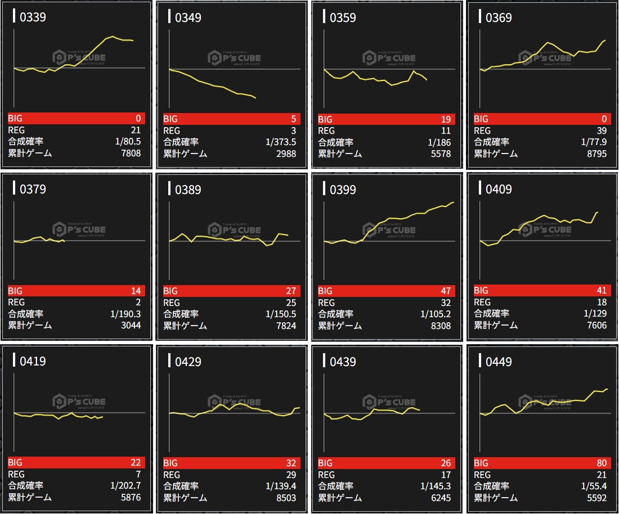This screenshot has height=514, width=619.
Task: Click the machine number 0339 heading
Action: tap(33, 17)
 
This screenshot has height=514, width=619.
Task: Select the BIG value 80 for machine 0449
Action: tap(601, 463)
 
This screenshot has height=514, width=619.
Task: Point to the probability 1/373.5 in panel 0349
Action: tap(281, 142)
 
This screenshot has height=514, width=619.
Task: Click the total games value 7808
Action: tap(130, 153)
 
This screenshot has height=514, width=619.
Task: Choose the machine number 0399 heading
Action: tap(343, 190)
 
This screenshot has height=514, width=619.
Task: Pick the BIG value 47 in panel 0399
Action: tap(445, 291)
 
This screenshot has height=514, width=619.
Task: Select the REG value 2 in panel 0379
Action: tap(138, 303)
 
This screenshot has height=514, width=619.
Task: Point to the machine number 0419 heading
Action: tap(33, 362)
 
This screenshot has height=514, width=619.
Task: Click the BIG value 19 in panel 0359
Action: tap(445, 119)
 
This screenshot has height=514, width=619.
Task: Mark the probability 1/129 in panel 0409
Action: tap(595, 314)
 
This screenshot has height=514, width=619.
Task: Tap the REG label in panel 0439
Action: tap(326, 475)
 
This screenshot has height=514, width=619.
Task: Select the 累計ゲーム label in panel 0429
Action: tap(185, 498)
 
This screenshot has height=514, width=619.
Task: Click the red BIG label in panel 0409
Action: tap(481, 291)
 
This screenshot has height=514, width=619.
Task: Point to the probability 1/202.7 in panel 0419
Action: tap(125, 486)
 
